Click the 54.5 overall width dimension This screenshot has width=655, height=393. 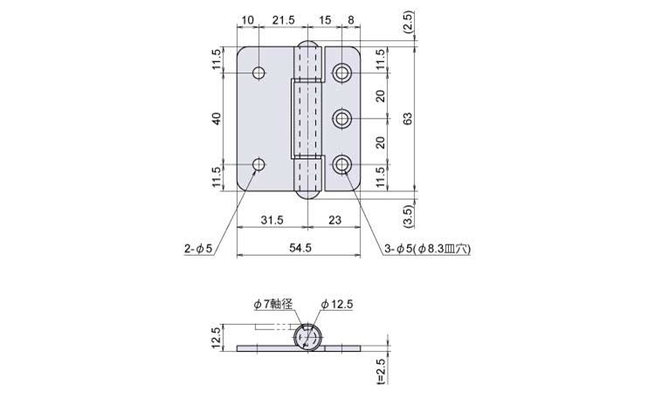click(x=300, y=248)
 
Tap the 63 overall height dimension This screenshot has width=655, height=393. click(x=408, y=118)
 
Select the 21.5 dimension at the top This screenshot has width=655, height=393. click(x=284, y=19)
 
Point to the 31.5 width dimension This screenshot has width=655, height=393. click(x=272, y=220)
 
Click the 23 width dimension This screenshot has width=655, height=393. click(x=334, y=220)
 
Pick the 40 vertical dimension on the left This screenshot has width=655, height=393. click(x=217, y=119)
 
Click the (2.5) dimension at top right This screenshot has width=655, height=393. click(x=408, y=22)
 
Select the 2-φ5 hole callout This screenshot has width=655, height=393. click(x=199, y=249)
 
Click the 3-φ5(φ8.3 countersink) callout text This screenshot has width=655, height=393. click(x=427, y=249)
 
